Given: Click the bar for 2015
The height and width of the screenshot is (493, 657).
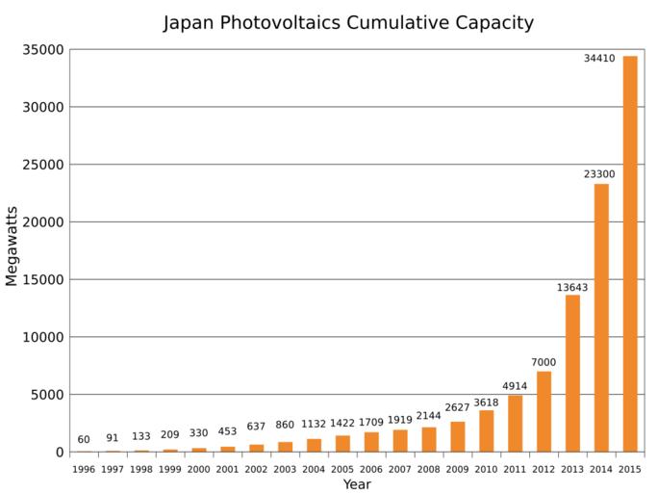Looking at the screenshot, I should click(630, 254).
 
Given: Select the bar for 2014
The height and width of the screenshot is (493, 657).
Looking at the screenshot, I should click(601, 318).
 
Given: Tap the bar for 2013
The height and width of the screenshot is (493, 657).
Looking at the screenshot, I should click(572, 374).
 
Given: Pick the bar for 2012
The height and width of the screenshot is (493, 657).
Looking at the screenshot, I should click(543, 411).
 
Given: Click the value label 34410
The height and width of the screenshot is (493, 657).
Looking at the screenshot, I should click(599, 59).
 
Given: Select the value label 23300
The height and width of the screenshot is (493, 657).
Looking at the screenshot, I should click(601, 174).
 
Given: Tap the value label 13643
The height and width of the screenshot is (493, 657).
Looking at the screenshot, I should click(572, 287).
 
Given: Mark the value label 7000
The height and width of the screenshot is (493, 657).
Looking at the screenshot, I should click(543, 362).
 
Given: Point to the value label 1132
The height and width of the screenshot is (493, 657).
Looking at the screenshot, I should click(314, 424).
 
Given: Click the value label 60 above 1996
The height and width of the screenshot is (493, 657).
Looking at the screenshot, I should click(84, 439).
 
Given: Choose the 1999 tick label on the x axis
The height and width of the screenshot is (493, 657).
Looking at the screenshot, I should click(170, 469).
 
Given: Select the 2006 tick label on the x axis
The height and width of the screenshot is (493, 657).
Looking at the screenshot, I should click(371, 469).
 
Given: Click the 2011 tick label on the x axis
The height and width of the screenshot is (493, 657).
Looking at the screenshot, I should click(515, 469).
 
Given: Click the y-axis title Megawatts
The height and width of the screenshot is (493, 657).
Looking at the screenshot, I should click(12, 246).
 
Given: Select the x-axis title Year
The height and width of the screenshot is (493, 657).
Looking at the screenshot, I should click(357, 484).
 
